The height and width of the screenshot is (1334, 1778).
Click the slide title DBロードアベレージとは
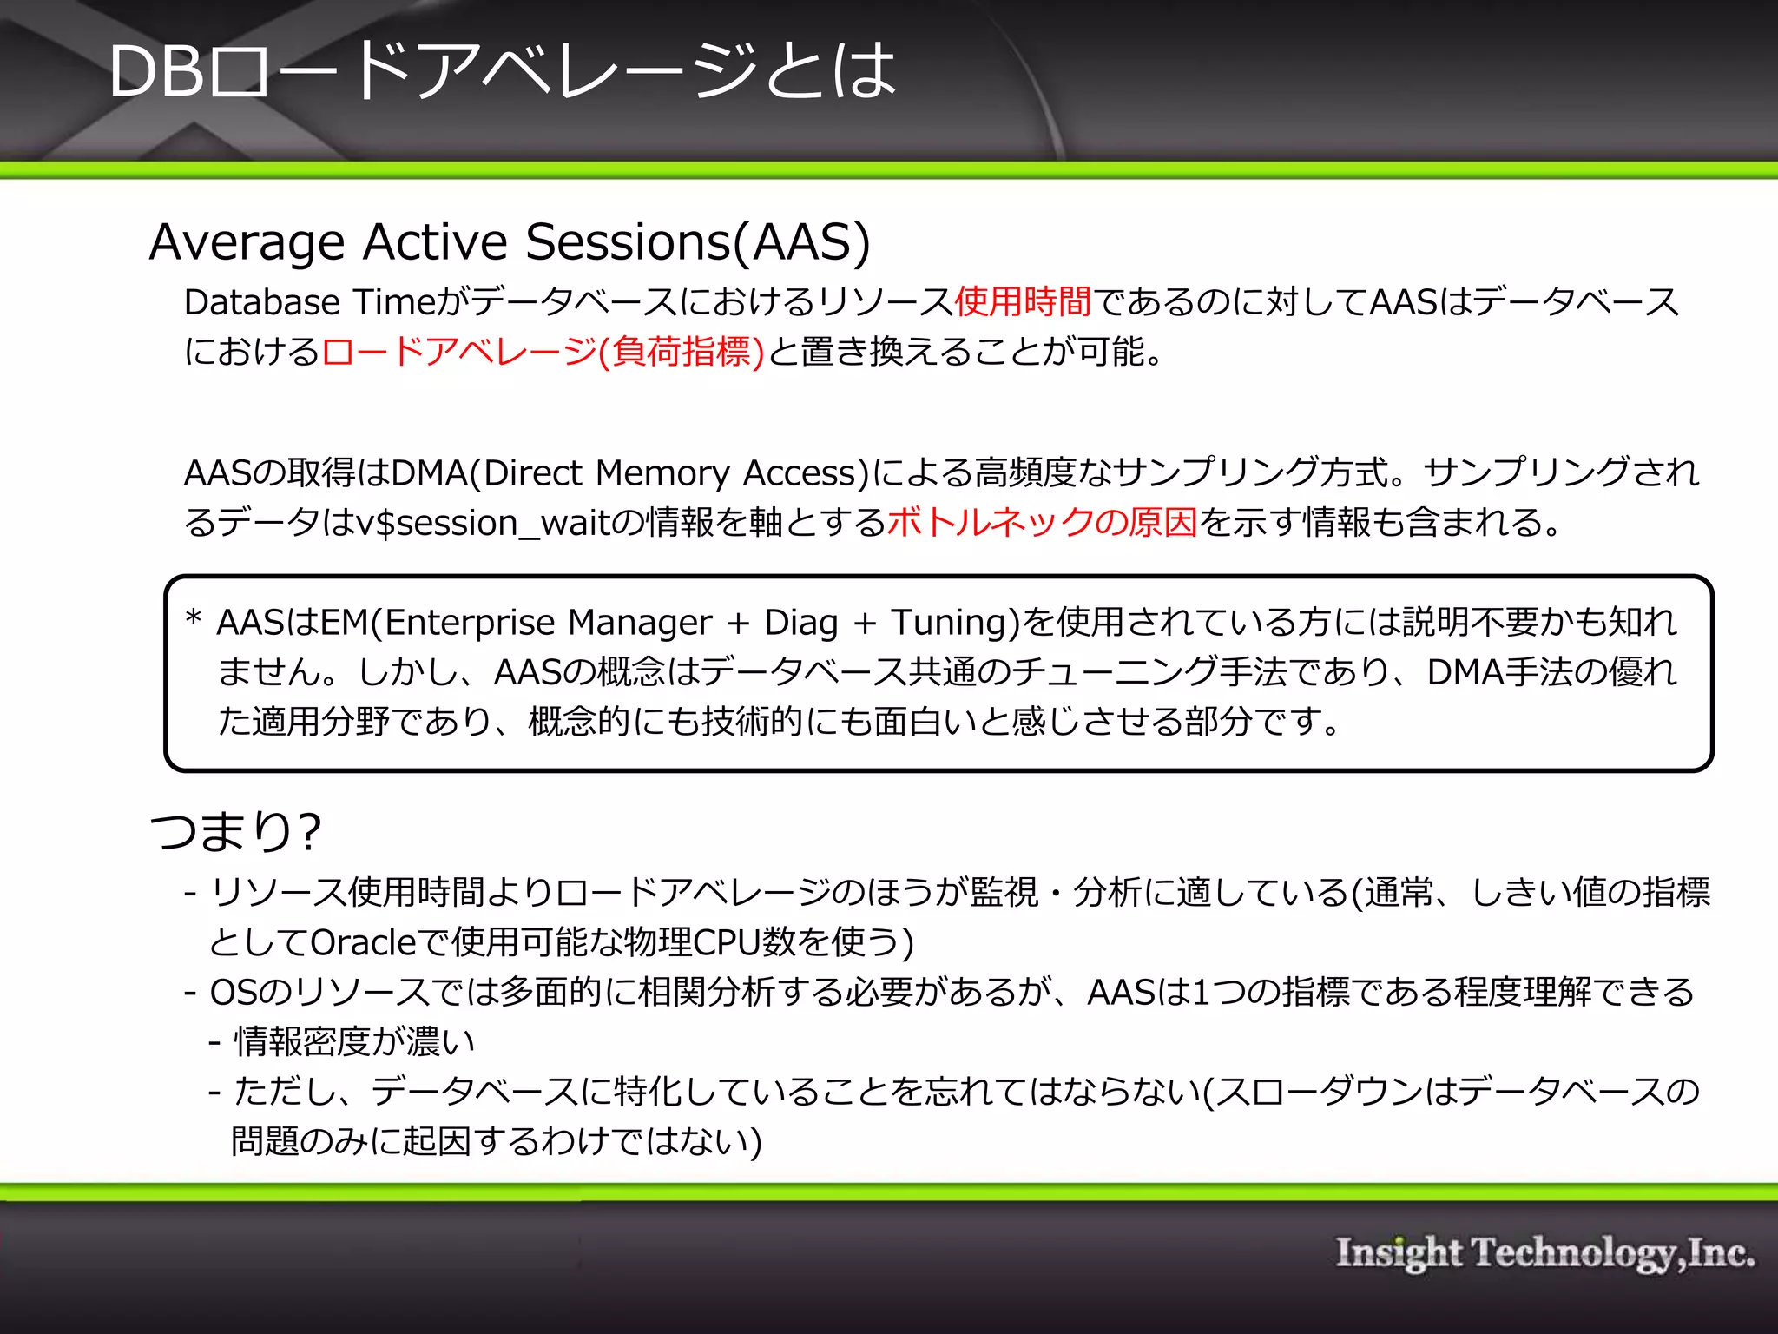[x=502, y=71]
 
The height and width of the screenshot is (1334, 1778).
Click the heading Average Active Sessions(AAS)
[x=510, y=241]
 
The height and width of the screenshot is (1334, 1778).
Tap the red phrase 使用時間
[x=1023, y=302]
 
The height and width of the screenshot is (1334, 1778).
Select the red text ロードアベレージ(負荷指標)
[x=543, y=352]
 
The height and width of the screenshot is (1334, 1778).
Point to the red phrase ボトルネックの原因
[x=1042, y=523]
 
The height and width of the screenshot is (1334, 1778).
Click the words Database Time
[x=308, y=302]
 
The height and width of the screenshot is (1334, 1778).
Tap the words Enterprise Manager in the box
[x=547, y=623]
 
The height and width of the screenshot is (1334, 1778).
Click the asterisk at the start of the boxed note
[x=194, y=618]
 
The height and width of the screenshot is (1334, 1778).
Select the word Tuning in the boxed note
[x=950, y=623]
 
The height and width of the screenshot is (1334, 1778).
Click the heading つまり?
[x=235, y=831]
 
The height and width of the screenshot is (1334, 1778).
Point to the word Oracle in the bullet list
[x=364, y=942]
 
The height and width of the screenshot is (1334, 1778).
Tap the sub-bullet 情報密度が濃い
[x=354, y=1041]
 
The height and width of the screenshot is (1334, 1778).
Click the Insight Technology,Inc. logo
[x=1544, y=1253]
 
